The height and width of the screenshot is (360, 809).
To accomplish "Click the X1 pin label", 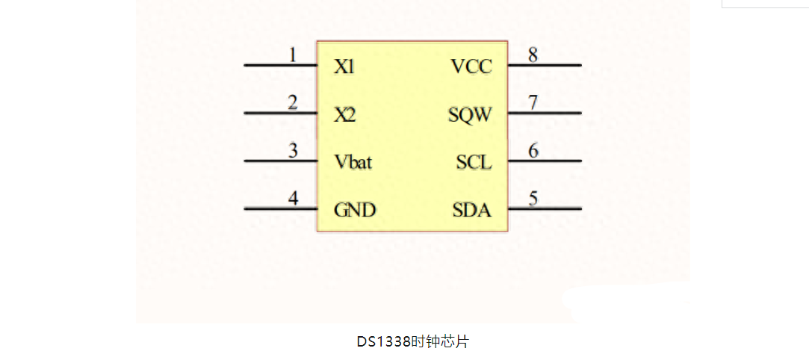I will (x=344, y=67).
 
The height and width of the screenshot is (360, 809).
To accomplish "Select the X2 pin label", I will (x=345, y=116).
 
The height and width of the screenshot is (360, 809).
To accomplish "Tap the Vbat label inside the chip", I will (x=353, y=162).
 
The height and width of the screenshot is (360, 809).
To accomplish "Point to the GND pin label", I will (x=354, y=211).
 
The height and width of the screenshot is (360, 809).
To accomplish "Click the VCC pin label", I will (x=471, y=67).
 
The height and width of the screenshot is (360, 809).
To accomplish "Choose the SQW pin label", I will (x=471, y=116).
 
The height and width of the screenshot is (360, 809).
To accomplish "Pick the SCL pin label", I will (x=474, y=162).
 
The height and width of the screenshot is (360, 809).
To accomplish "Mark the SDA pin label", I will (x=472, y=211).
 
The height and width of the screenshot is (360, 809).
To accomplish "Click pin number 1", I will (x=293, y=55).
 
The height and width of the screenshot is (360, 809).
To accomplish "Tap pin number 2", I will (x=293, y=102).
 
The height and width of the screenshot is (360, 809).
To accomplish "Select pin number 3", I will (x=294, y=150).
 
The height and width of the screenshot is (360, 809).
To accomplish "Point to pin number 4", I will (x=294, y=199).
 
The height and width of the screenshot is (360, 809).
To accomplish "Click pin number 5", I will (x=533, y=199).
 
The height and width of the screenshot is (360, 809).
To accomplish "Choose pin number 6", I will (x=533, y=150).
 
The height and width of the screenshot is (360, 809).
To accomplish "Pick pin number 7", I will (x=533, y=102).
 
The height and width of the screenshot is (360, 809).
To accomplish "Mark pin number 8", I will (x=533, y=55).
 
